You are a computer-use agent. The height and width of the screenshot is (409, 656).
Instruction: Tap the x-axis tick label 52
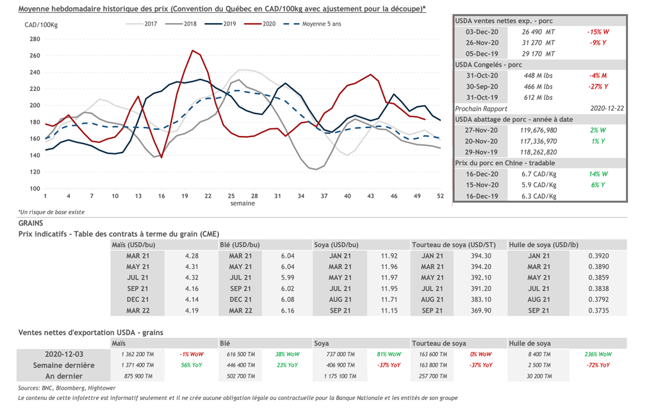click(440, 196)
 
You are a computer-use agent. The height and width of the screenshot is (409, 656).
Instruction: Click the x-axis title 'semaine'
click(243, 203)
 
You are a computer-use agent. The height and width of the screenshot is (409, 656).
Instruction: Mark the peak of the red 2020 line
click(193, 50)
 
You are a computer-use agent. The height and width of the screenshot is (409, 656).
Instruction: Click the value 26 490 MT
click(538, 31)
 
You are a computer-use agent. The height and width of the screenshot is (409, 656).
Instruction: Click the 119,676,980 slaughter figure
click(538, 130)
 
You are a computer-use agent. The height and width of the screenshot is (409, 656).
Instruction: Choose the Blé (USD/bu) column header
click(240, 245)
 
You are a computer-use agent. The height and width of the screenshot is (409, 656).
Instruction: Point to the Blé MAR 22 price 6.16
click(288, 310)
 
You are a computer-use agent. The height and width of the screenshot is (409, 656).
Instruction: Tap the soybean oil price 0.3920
click(600, 256)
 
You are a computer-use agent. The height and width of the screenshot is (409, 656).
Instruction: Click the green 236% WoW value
click(600, 354)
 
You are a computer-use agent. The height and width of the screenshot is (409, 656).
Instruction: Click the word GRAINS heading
click(30, 223)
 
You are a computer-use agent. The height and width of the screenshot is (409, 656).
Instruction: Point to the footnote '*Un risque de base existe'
click(51, 212)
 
